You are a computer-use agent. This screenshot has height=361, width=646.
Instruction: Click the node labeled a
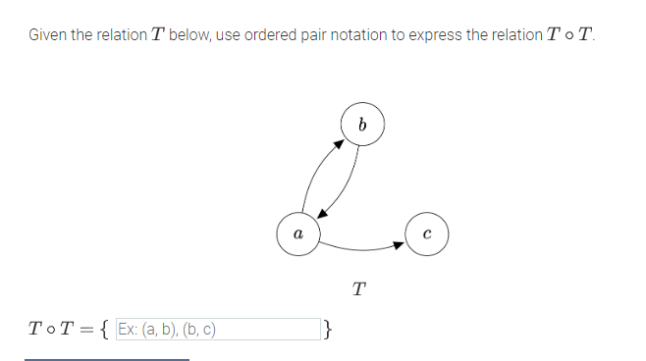pyautogui.click(x=296, y=233)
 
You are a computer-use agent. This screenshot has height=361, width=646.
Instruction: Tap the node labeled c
pyautogui.click(x=426, y=233)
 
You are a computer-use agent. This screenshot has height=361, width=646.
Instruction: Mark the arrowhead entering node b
pyautogui.click(x=339, y=143)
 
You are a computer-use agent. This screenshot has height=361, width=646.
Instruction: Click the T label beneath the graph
pyautogui.click(x=359, y=288)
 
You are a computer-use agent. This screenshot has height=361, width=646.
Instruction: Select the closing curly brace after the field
pyautogui.click(x=328, y=329)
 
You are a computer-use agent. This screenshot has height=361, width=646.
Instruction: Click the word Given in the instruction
pyautogui.click(x=48, y=35)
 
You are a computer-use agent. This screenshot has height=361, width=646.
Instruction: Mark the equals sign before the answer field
pyautogui.click(x=85, y=329)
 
